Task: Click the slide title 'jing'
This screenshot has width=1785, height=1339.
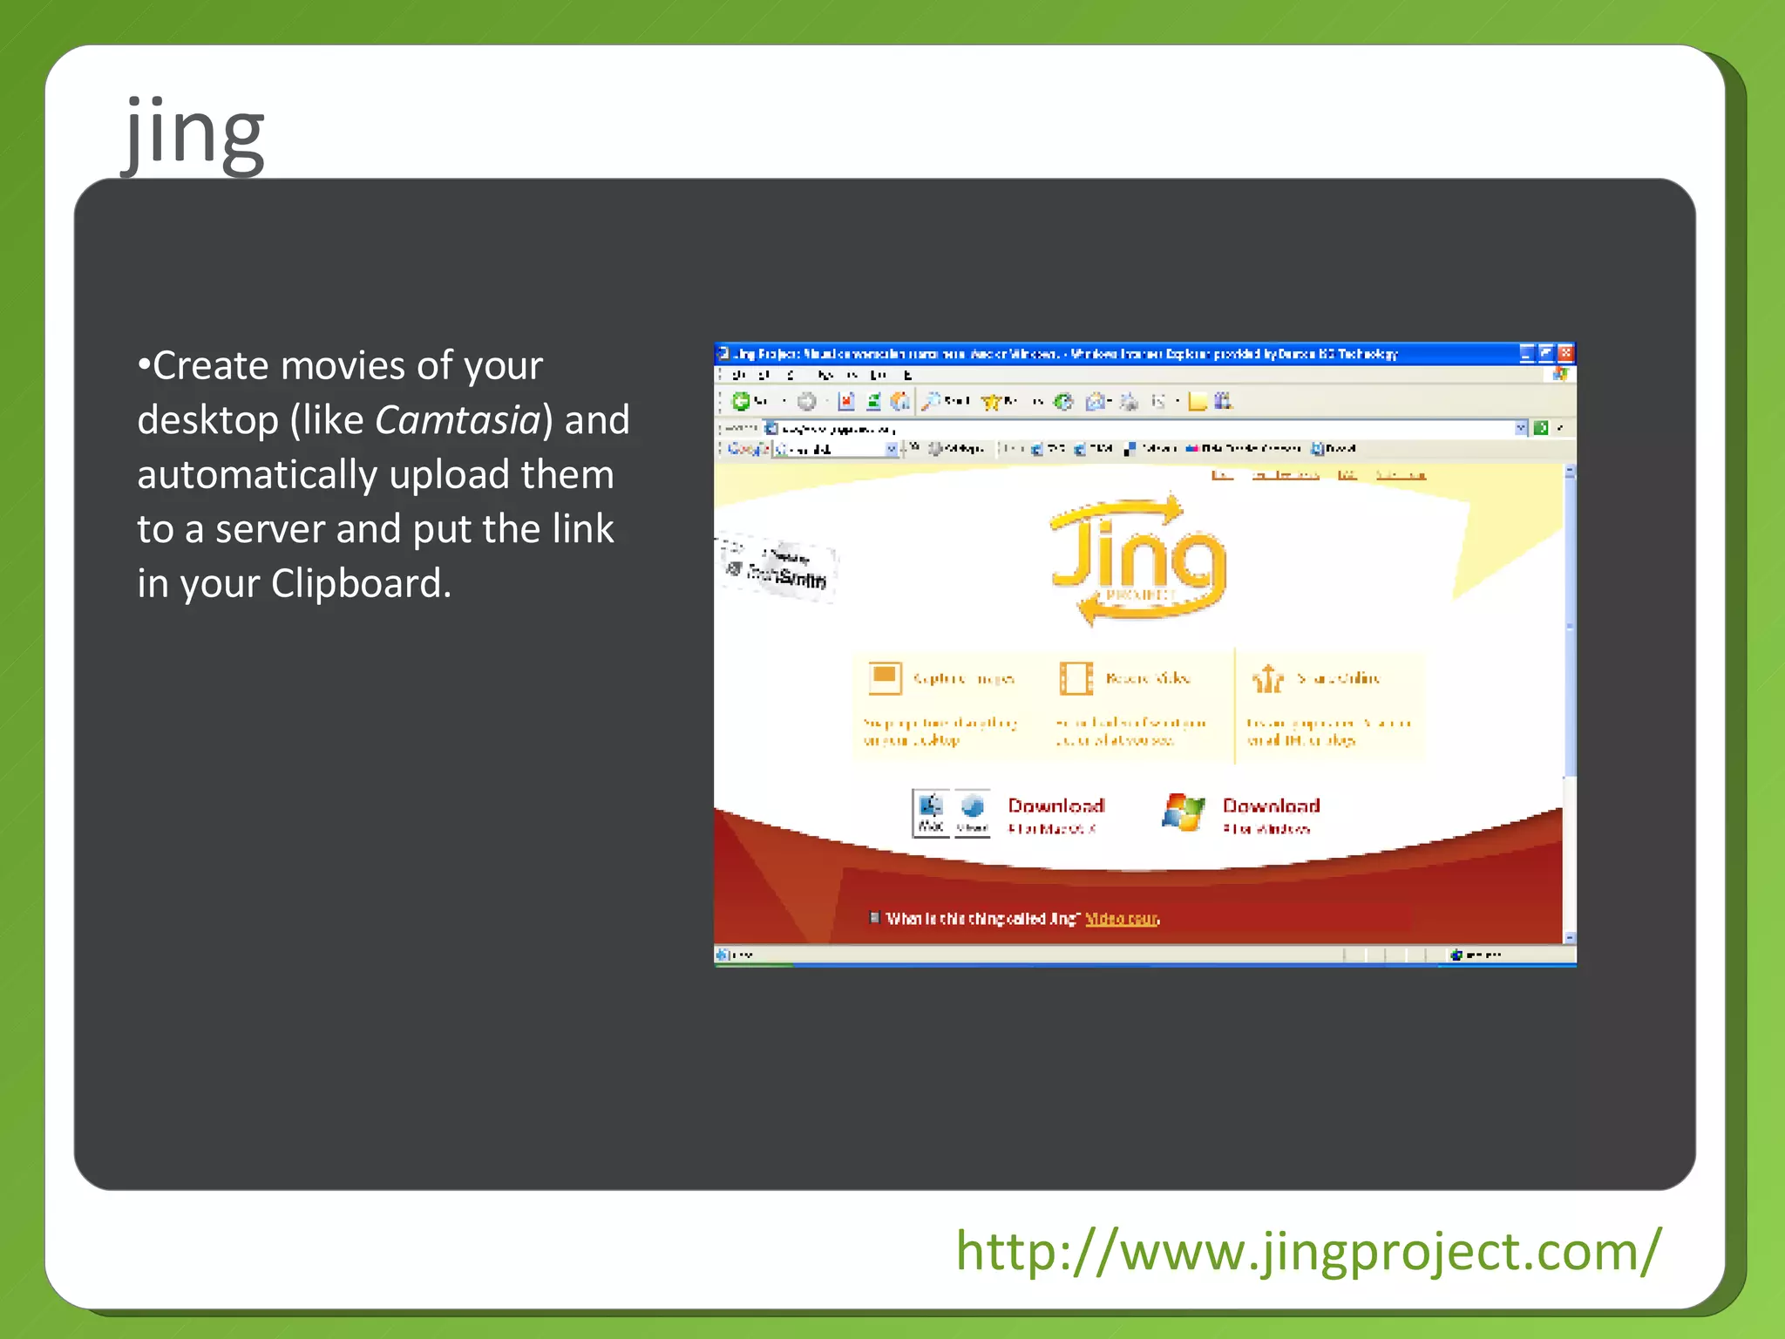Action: pos(193,133)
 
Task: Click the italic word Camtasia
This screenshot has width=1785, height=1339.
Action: pos(458,420)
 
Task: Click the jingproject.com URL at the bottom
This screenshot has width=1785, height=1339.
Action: pos(1307,1252)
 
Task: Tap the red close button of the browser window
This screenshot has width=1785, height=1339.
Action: pos(1565,353)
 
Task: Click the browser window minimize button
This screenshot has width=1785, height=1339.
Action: pos(1526,353)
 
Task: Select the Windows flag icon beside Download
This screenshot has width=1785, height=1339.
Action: pos(1183,812)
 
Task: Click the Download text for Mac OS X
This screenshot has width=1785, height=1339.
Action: pos(1055,805)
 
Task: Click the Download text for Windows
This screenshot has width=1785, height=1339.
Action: pos(1271,805)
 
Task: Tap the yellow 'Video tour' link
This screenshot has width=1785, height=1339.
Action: pos(1122,919)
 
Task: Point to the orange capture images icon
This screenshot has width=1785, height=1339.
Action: pos(885,677)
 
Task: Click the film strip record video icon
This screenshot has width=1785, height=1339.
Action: pos(1076,677)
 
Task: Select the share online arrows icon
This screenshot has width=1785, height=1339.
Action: pos(1268,678)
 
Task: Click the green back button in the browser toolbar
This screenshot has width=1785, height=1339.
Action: pos(741,401)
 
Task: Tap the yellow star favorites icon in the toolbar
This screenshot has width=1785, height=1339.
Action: pos(991,402)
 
